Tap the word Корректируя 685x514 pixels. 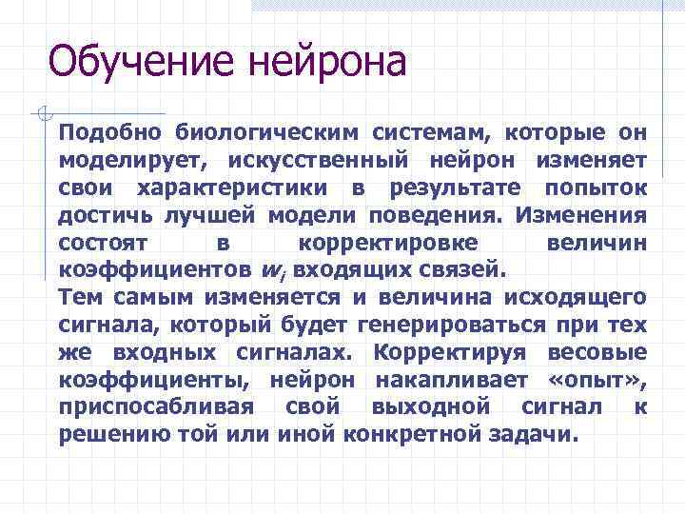pyautogui.click(x=447, y=352)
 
